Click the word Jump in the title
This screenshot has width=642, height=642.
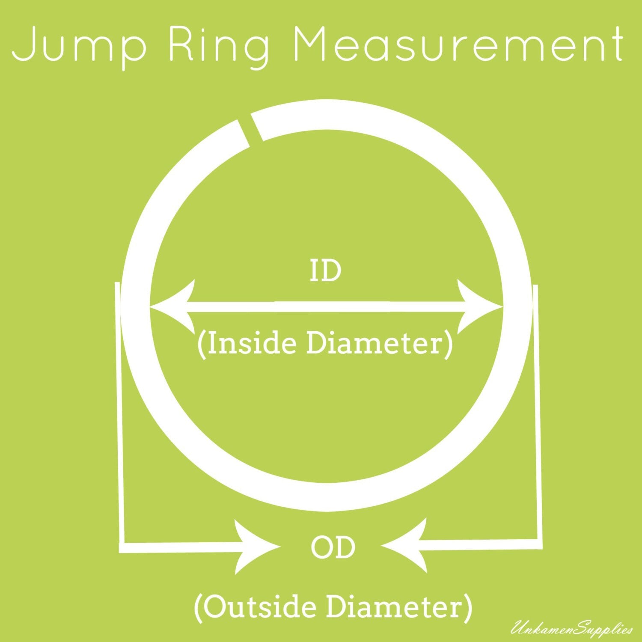[x=79, y=45]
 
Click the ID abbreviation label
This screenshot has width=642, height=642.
[x=325, y=271]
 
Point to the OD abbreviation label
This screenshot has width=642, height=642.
[x=333, y=548]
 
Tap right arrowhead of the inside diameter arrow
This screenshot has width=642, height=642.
[x=480, y=306]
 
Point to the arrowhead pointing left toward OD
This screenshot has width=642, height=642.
[x=404, y=546]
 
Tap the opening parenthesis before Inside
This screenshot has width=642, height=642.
[x=202, y=345]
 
